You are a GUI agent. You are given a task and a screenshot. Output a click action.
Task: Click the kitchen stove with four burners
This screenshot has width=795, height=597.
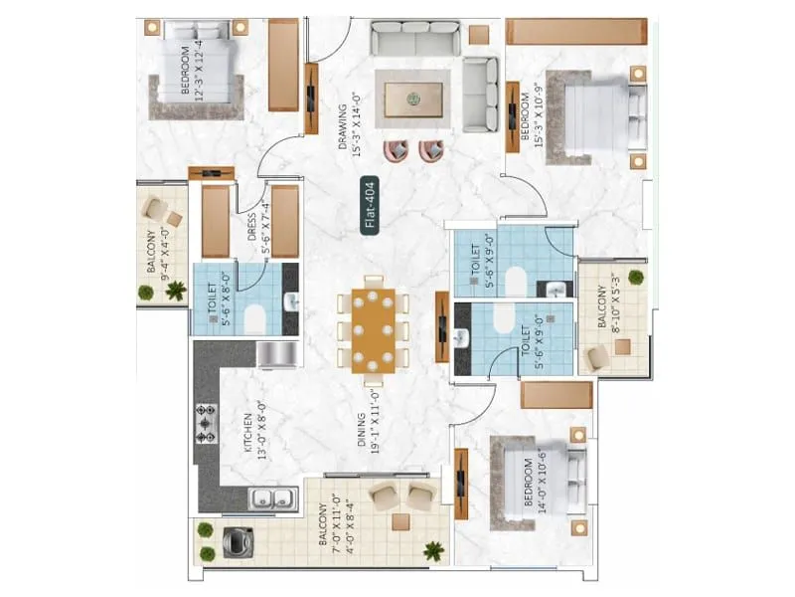(207, 422)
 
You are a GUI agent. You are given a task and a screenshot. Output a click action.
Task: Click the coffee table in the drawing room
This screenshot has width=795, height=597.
(410, 97)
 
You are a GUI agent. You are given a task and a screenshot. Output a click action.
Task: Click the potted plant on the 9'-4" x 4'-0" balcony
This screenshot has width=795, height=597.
(176, 291)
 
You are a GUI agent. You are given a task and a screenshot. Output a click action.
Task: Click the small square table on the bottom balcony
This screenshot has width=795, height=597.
(399, 521)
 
